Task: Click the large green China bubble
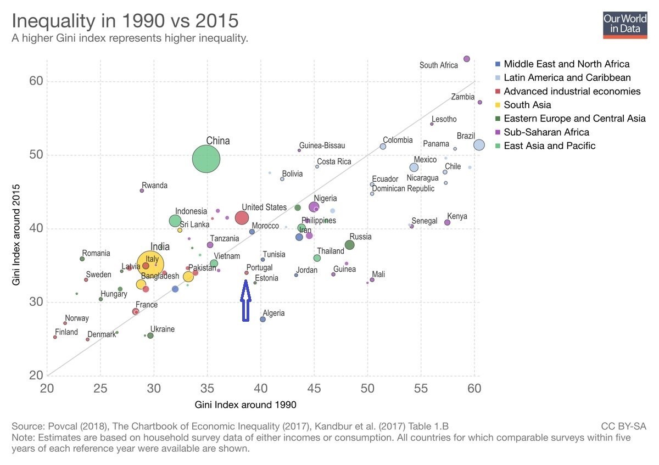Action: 206,159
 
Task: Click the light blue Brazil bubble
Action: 479,145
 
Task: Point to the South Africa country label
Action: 438,65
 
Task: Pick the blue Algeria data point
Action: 263,319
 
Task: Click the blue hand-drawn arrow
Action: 245,300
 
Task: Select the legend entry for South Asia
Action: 527,105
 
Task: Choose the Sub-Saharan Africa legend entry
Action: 546,132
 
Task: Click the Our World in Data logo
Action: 626,24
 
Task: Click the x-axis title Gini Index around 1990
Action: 245,405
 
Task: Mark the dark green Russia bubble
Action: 350,245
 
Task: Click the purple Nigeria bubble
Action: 314,207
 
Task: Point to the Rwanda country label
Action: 154,186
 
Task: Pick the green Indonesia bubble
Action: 175,221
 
